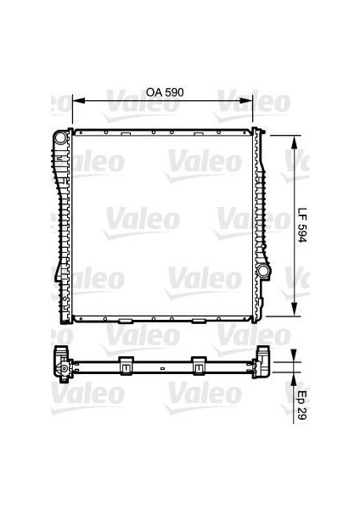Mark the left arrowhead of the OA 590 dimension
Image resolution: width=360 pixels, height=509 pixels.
point(76,101)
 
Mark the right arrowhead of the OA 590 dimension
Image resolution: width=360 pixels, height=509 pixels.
point(250,101)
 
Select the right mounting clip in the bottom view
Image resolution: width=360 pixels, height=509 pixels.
point(200,365)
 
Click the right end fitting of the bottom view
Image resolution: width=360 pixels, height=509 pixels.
point(264,365)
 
